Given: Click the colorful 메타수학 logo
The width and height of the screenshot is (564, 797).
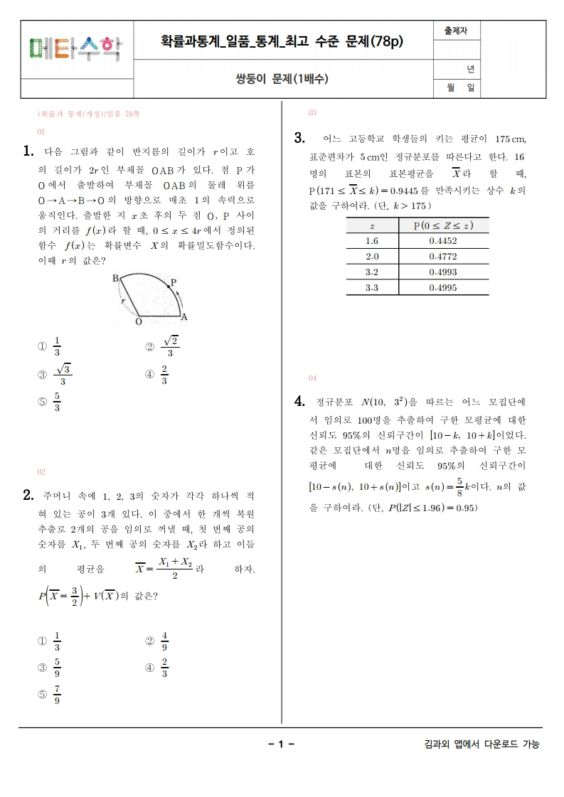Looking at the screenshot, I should [75, 48].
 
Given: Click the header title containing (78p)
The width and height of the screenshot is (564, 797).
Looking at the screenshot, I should [282, 41].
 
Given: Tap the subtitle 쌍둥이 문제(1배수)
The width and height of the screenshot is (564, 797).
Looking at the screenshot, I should [282, 79].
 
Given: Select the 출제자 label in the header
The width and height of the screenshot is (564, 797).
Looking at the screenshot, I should [456, 31].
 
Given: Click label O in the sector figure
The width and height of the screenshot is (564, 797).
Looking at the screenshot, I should [139, 321].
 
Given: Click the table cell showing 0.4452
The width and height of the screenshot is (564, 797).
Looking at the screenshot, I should [443, 241].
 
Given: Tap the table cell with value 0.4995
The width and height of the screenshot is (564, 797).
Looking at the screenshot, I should [443, 288].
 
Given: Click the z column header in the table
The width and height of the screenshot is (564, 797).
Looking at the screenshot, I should [372, 226].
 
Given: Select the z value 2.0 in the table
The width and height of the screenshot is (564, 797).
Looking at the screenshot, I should [372, 257].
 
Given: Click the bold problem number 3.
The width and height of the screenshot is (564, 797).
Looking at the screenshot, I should [299, 137].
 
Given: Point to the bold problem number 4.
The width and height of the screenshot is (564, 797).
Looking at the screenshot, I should [299, 402].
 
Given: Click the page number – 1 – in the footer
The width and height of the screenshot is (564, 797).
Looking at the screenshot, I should [282, 744].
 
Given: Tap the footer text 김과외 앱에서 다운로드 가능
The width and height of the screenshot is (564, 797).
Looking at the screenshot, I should [481, 744].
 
